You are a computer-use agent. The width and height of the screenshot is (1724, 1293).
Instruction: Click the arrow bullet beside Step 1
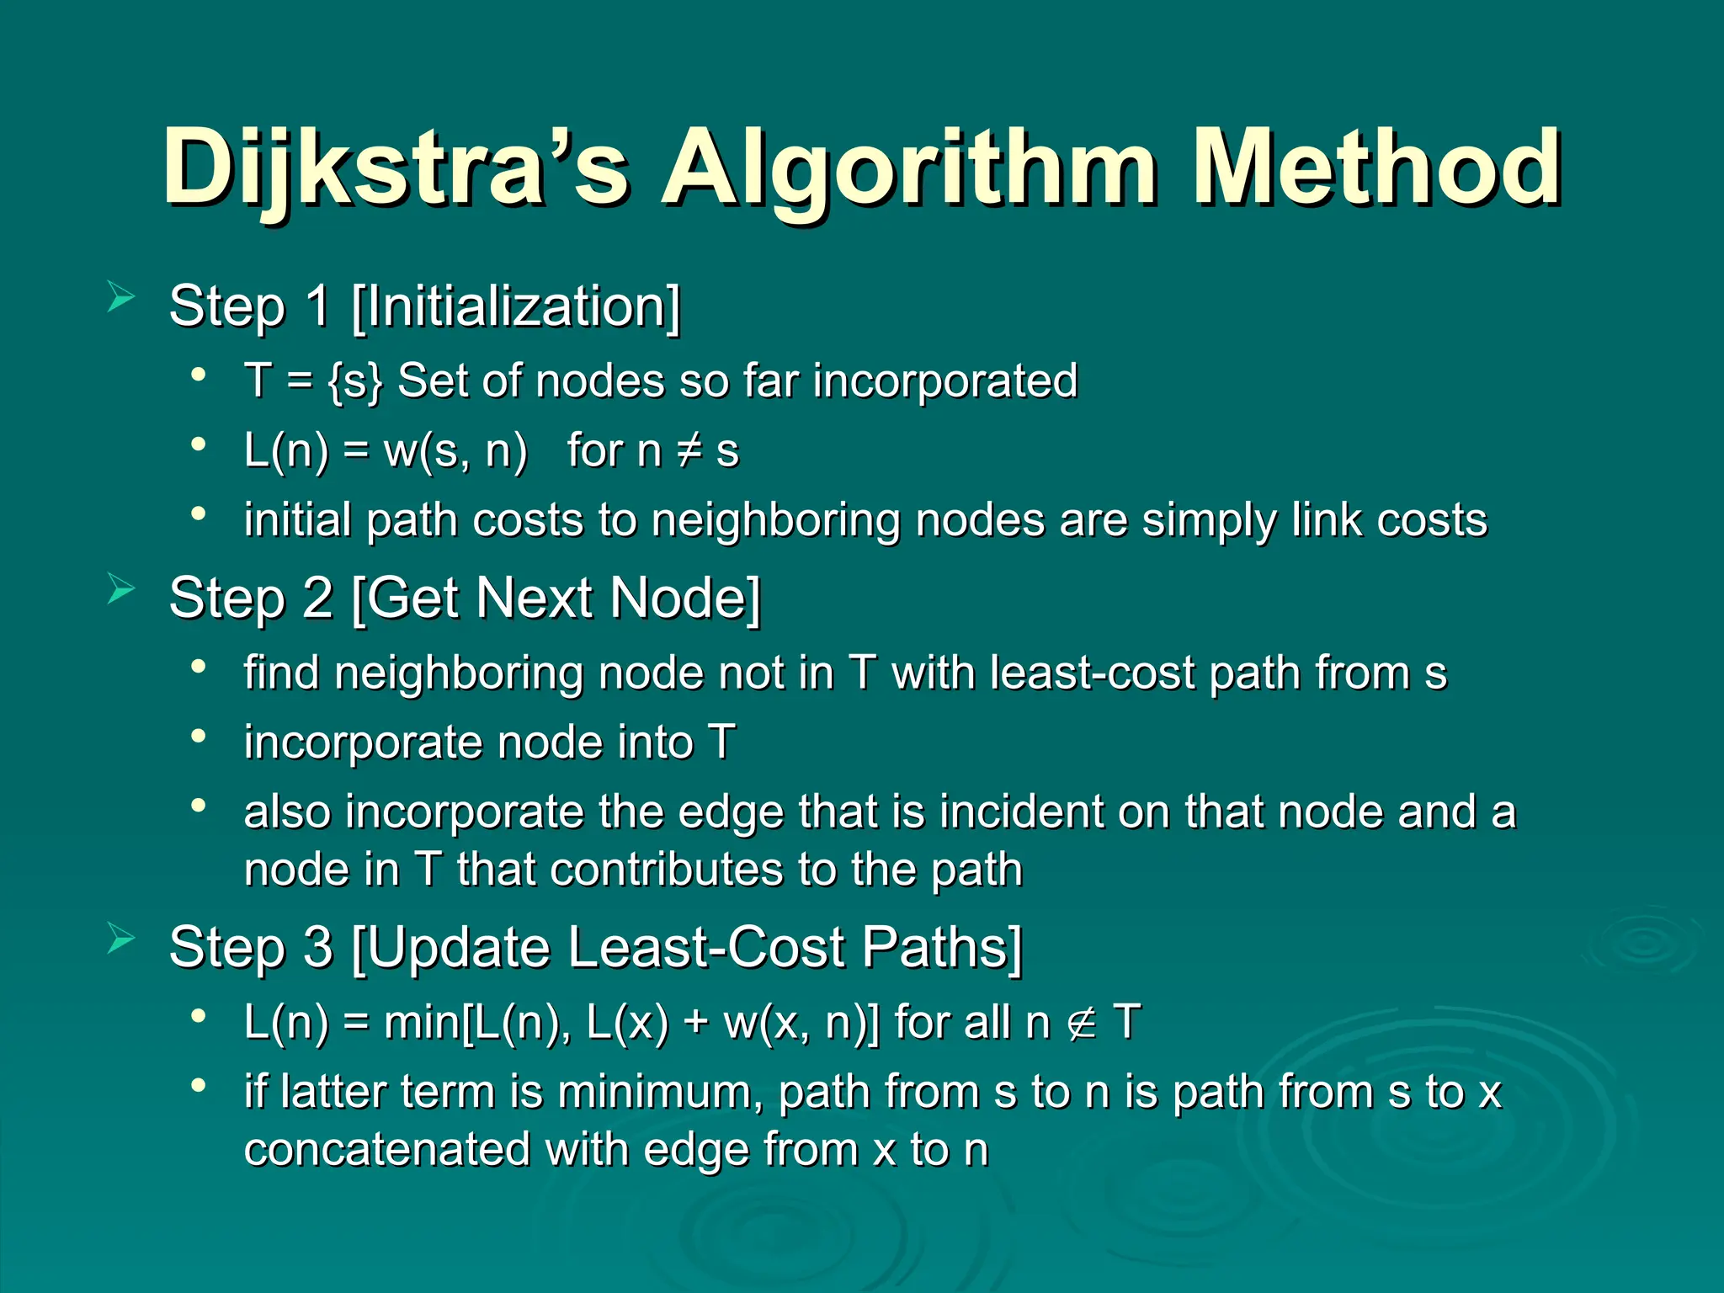121,298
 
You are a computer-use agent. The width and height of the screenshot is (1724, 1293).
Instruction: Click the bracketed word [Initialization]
516,306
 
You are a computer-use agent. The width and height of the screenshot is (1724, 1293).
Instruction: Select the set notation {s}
355,381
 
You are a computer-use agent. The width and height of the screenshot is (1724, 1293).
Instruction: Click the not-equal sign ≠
689,451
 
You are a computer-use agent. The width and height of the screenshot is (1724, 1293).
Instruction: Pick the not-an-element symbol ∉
1082,1024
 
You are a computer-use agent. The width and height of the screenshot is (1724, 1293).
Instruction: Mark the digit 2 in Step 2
317,599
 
